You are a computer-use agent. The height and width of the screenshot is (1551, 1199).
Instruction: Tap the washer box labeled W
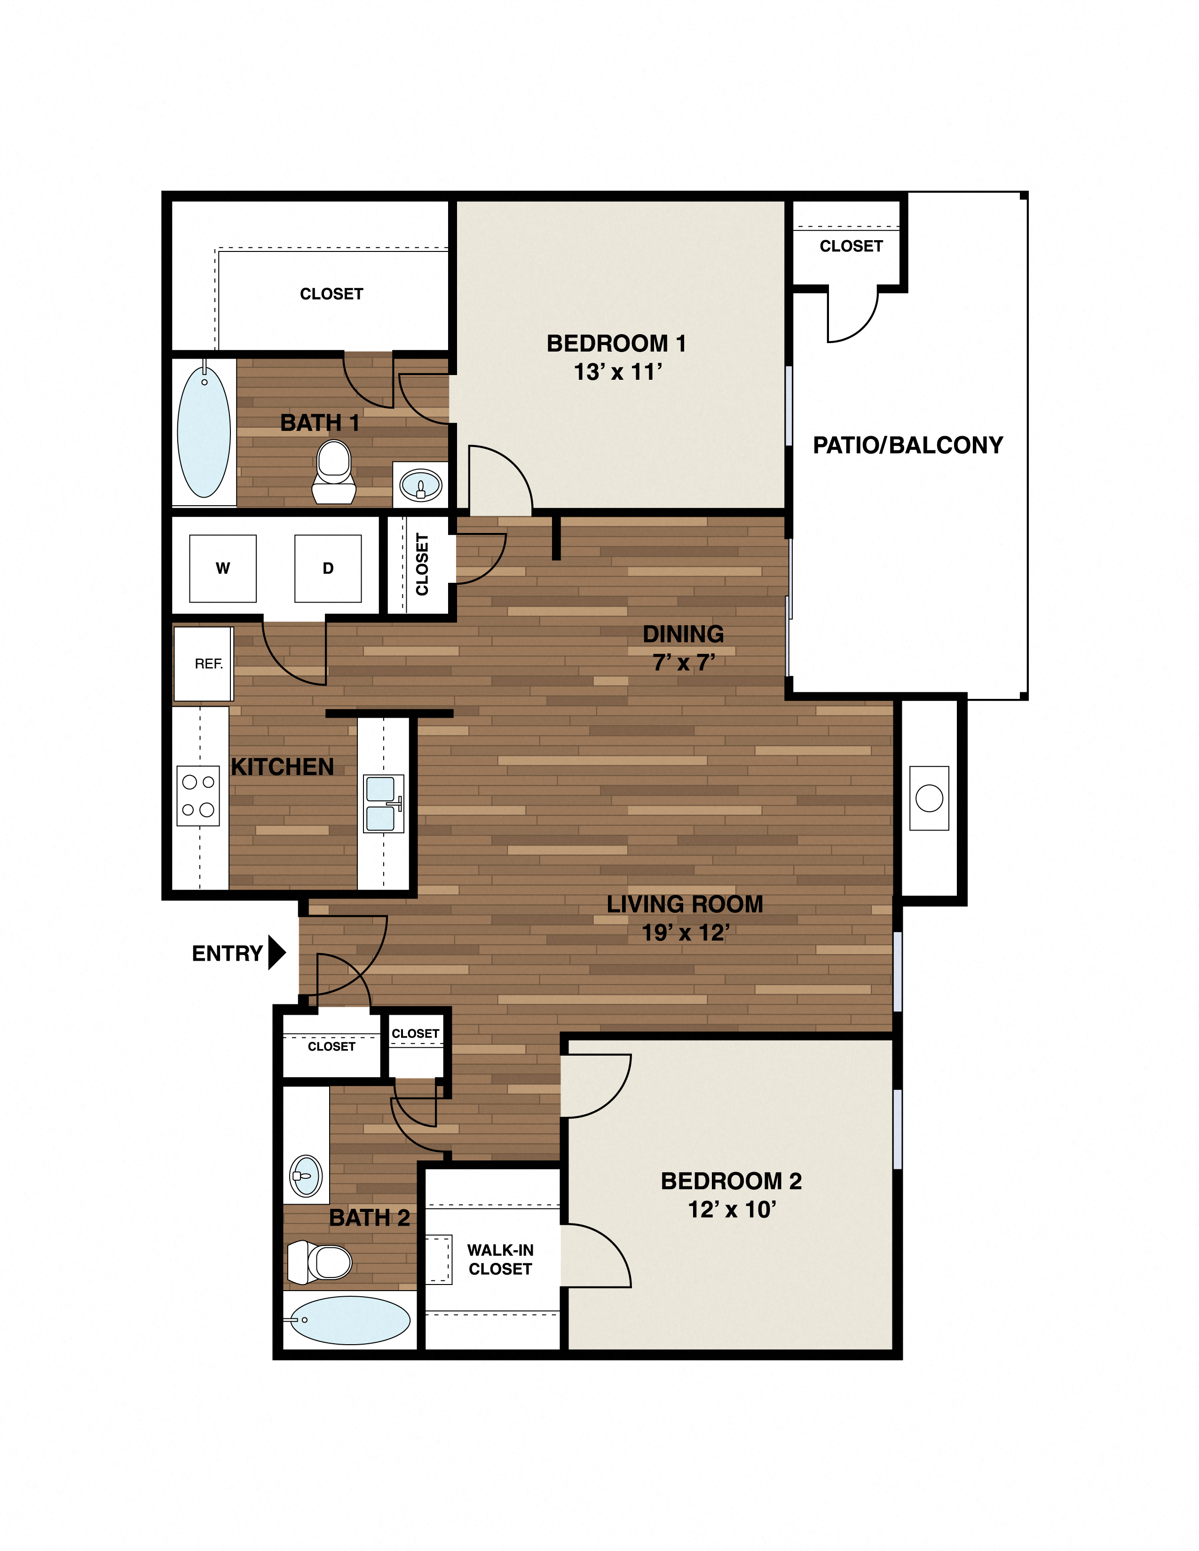(x=222, y=568)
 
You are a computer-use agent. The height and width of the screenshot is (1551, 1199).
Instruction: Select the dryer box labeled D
(x=327, y=568)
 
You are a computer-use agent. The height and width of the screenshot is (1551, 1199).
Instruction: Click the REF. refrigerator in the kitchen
(x=204, y=663)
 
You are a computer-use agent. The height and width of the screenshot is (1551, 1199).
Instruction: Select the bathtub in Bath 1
(x=204, y=432)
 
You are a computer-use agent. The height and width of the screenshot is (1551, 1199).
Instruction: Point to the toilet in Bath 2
(x=320, y=1262)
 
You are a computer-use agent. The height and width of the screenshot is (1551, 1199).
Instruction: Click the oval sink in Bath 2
(x=306, y=1176)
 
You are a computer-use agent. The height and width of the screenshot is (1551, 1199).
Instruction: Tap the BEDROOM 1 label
(x=616, y=344)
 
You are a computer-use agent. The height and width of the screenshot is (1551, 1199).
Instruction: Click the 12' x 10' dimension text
(x=732, y=1209)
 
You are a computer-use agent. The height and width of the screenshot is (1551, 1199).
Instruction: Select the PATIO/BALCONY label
(x=908, y=445)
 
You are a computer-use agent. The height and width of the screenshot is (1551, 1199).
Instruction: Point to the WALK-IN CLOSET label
(x=500, y=1259)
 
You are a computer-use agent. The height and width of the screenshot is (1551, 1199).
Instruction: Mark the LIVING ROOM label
(x=685, y=904)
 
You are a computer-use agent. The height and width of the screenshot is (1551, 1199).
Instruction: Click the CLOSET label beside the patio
(x=851, y=246)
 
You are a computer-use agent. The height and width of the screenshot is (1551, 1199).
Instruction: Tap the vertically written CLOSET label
(x=422, y=564)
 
